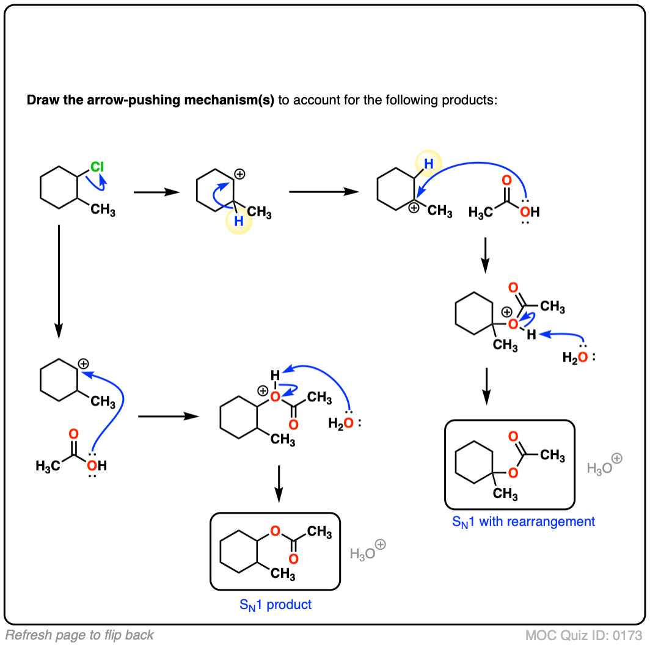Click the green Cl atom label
tap(97, 167)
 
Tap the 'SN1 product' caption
tap(276, 605)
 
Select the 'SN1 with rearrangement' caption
tap(523, 522)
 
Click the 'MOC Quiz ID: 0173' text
tap(583, 635)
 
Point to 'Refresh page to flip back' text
tap(79, 635)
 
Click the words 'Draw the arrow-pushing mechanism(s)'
tap(150, 100)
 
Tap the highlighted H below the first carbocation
tap(239, 221)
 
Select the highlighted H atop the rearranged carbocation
tap(429, 164)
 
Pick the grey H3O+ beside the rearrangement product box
tap(604, 465)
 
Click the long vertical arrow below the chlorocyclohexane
tap(59, 282)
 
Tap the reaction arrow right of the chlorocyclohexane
tap(156, 192)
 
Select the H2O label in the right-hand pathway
tap(575, 357)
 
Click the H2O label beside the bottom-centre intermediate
tap(341, 423)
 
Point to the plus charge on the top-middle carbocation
tap(239, 174)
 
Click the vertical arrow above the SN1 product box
tap(279, 484)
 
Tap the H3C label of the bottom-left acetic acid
tap(48, 466)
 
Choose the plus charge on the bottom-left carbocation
tap(83, 364)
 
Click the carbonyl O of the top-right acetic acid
tap(506, 180)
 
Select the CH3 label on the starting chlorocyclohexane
tap(103, 210)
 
